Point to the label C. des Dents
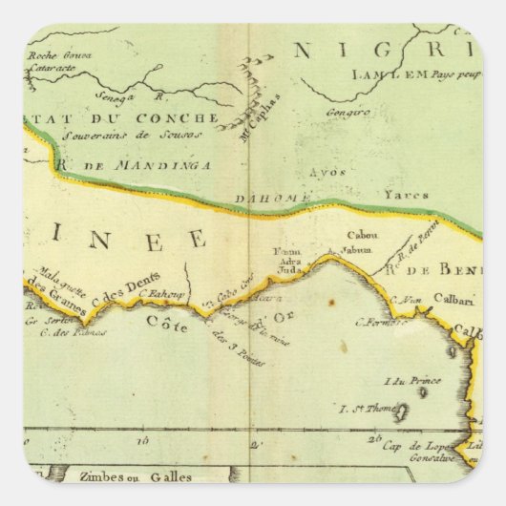point(122,295)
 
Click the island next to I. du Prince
point(422,391)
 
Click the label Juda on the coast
point(289,269)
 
